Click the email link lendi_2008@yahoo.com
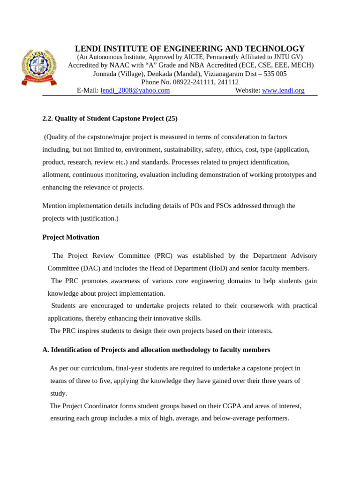point(135,90)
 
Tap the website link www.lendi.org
point(283,90)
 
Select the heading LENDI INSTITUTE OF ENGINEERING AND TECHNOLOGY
point(190,49)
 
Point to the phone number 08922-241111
point(179,82)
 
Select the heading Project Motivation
point(71,237)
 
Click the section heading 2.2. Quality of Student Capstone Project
point(110,119)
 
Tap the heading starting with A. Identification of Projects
point(156,350)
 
